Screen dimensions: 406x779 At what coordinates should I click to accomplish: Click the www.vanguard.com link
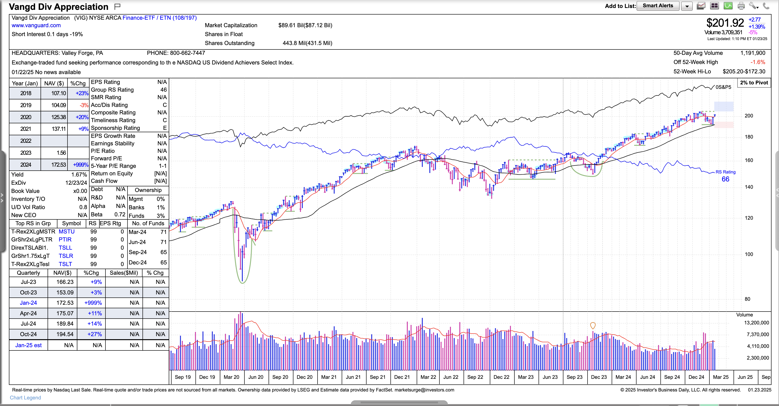coord(36,25)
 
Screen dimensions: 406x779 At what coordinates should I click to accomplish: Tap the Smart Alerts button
coord(658,6)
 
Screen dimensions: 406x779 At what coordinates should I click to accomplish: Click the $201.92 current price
coord(725,23)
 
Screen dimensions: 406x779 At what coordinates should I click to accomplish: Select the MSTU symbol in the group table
coord(67,231)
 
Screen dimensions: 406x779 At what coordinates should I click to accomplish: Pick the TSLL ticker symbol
coord(65,248)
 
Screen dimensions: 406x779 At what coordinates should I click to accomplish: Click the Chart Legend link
coord(25,398)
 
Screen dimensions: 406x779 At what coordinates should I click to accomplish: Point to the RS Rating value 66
coord(725,179)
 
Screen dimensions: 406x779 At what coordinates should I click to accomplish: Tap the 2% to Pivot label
coord(754,83)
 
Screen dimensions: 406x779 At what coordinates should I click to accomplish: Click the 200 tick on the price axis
coord(749,116)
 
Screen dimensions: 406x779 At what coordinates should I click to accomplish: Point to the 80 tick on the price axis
coord(747,299)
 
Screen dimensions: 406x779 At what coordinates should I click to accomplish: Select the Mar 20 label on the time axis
coord(231,377)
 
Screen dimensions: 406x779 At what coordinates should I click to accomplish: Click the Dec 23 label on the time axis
coord(599,377)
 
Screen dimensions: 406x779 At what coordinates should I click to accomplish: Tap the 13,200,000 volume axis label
coord(756,323)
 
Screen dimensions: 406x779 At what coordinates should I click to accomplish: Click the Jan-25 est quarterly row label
coord(28,345)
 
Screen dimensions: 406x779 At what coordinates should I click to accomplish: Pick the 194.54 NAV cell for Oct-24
coord(65,334)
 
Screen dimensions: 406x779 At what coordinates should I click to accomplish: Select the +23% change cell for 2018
coord(82,93)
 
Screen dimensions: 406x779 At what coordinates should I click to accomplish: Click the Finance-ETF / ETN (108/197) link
coord(159,18)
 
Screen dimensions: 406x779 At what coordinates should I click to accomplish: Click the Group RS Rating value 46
coord(163,90)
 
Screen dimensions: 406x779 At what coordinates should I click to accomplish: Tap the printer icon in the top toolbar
coord(741,6)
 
